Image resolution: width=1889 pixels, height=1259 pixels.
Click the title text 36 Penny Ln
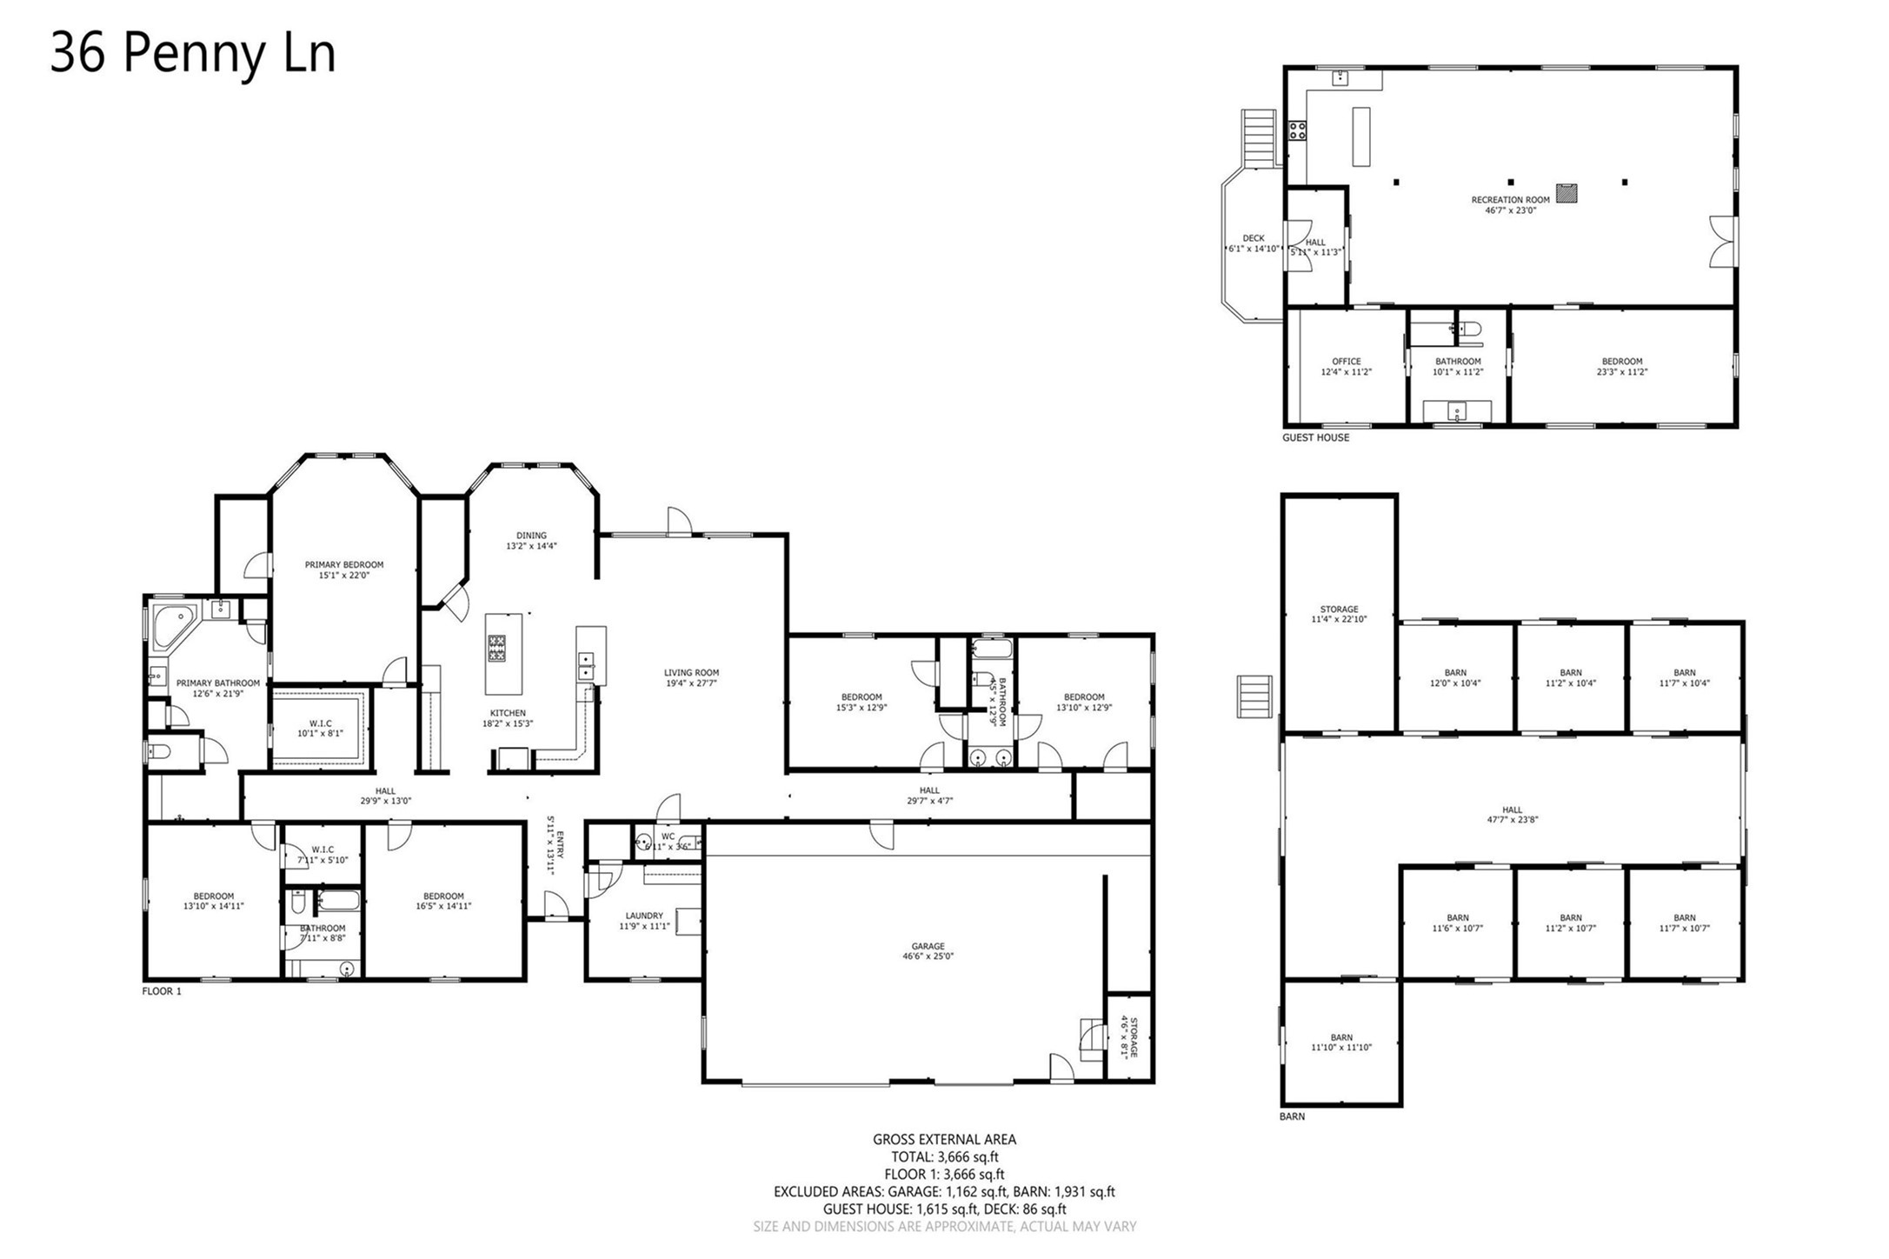(x=192, y=54)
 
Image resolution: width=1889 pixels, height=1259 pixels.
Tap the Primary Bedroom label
(x=343, y=565)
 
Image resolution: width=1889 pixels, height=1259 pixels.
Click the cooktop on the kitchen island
(x=496, y=649)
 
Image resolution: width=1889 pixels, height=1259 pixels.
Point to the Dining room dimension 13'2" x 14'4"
(x=531, y=547)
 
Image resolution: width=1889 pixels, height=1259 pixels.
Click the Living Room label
(x=691, y=672)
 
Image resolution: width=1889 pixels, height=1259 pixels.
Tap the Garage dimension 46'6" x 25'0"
(x=928, y=956)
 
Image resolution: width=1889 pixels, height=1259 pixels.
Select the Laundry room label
(x=644, y=916)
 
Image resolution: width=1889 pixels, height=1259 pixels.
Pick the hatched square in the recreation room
(x=1566, y=193)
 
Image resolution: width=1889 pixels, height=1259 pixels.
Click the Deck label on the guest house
(x=1253, y=238)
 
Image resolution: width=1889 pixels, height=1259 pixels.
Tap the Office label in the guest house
(x=1346, y=362)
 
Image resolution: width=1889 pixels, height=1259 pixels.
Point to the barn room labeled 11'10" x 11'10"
(x=1341, y=1048)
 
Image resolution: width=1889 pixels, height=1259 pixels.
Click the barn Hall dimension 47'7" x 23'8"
(x=1512, y=820)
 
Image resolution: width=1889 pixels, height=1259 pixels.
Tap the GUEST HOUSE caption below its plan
(x=1315, y=437)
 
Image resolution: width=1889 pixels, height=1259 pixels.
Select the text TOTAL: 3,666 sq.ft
(x=944, y=1157)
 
